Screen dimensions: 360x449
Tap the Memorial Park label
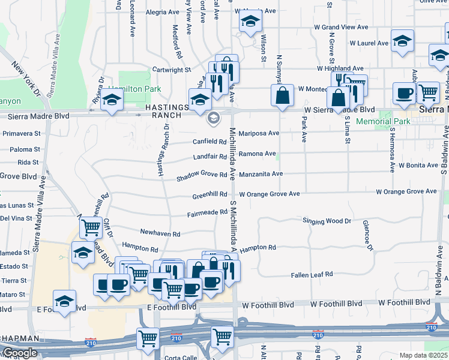point(383,121)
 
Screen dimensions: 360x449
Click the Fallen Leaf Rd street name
point(312,275)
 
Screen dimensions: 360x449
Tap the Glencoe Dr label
point(368,235)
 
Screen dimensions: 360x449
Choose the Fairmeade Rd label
point(207,214)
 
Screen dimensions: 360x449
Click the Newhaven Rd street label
point(160,233)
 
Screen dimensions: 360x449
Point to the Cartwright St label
point(171,70)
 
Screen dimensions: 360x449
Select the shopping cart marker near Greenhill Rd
point(91,227)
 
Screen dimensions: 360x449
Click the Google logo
point(20,353)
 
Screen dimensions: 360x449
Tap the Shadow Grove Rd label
point(202,176)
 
